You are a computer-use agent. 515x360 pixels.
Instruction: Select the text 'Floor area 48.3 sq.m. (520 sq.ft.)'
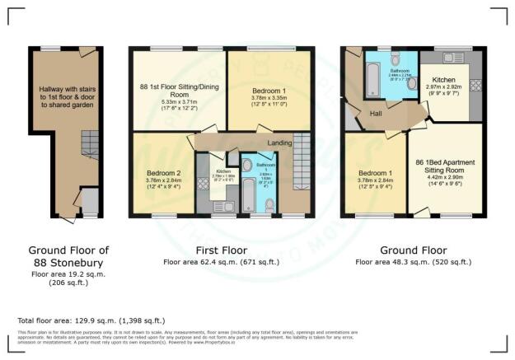(413, 262)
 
